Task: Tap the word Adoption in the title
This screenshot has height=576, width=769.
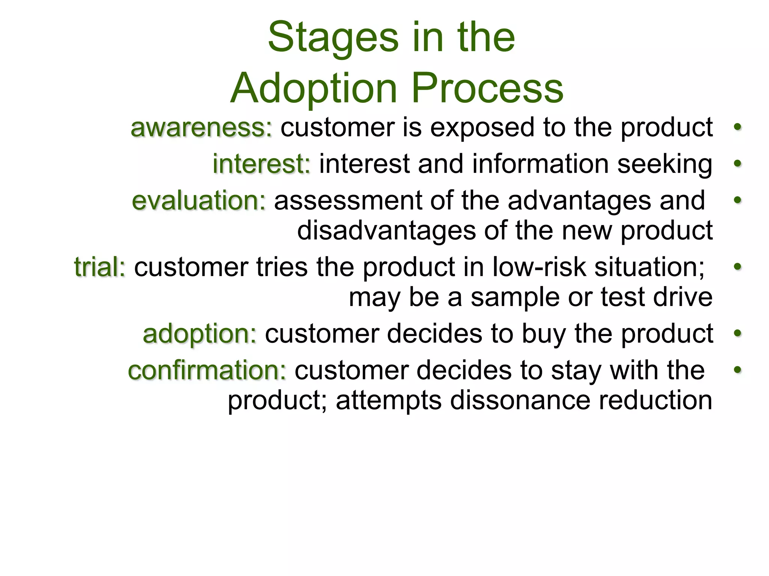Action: [314, 88]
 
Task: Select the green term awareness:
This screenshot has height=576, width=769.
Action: [201, 127]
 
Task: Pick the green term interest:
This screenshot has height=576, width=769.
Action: [262, 164]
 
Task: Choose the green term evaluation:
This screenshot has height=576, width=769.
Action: [199, 201]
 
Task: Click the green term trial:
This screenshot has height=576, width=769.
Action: [100, 267]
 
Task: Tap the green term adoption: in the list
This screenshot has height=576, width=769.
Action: [200, 333]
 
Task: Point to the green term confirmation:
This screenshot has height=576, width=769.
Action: [207, 370]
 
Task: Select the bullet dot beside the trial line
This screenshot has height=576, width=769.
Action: [737, 267]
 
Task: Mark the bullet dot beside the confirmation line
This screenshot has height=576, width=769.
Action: [737, 370]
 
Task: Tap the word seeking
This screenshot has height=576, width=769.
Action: [665, 165]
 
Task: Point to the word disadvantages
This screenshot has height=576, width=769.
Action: [386, 230]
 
